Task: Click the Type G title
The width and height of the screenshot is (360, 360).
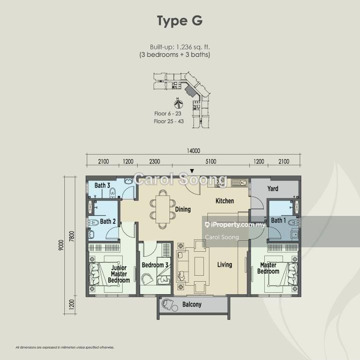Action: pos(180,21)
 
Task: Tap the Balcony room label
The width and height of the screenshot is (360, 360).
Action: pos(192,305)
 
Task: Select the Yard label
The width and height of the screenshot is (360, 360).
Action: pos(273,188)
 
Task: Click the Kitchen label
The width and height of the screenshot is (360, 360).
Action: pos(225,201)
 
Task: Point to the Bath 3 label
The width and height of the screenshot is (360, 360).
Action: pos(102,185)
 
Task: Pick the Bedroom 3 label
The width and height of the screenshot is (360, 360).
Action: pos(155,265)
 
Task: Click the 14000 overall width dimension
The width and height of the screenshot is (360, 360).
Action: pos(193,151)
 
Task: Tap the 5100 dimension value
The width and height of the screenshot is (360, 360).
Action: pos(211,162)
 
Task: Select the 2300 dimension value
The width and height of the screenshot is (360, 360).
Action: pos(155,162)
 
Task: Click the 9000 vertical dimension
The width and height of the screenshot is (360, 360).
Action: pos(61,245)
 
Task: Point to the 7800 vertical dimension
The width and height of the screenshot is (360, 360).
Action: pos(72,236)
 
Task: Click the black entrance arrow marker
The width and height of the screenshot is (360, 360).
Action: pos(192,171)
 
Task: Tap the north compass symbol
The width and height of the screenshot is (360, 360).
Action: pos(178,103)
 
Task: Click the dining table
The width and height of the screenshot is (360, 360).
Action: pos(163,209)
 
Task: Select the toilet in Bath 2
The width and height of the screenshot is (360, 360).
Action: pos(93,222)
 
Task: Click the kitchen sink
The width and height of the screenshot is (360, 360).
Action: pos(239,182)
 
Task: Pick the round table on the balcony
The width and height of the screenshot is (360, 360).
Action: pos(175,308)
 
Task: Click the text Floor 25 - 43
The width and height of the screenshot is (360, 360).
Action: pos(169,121)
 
